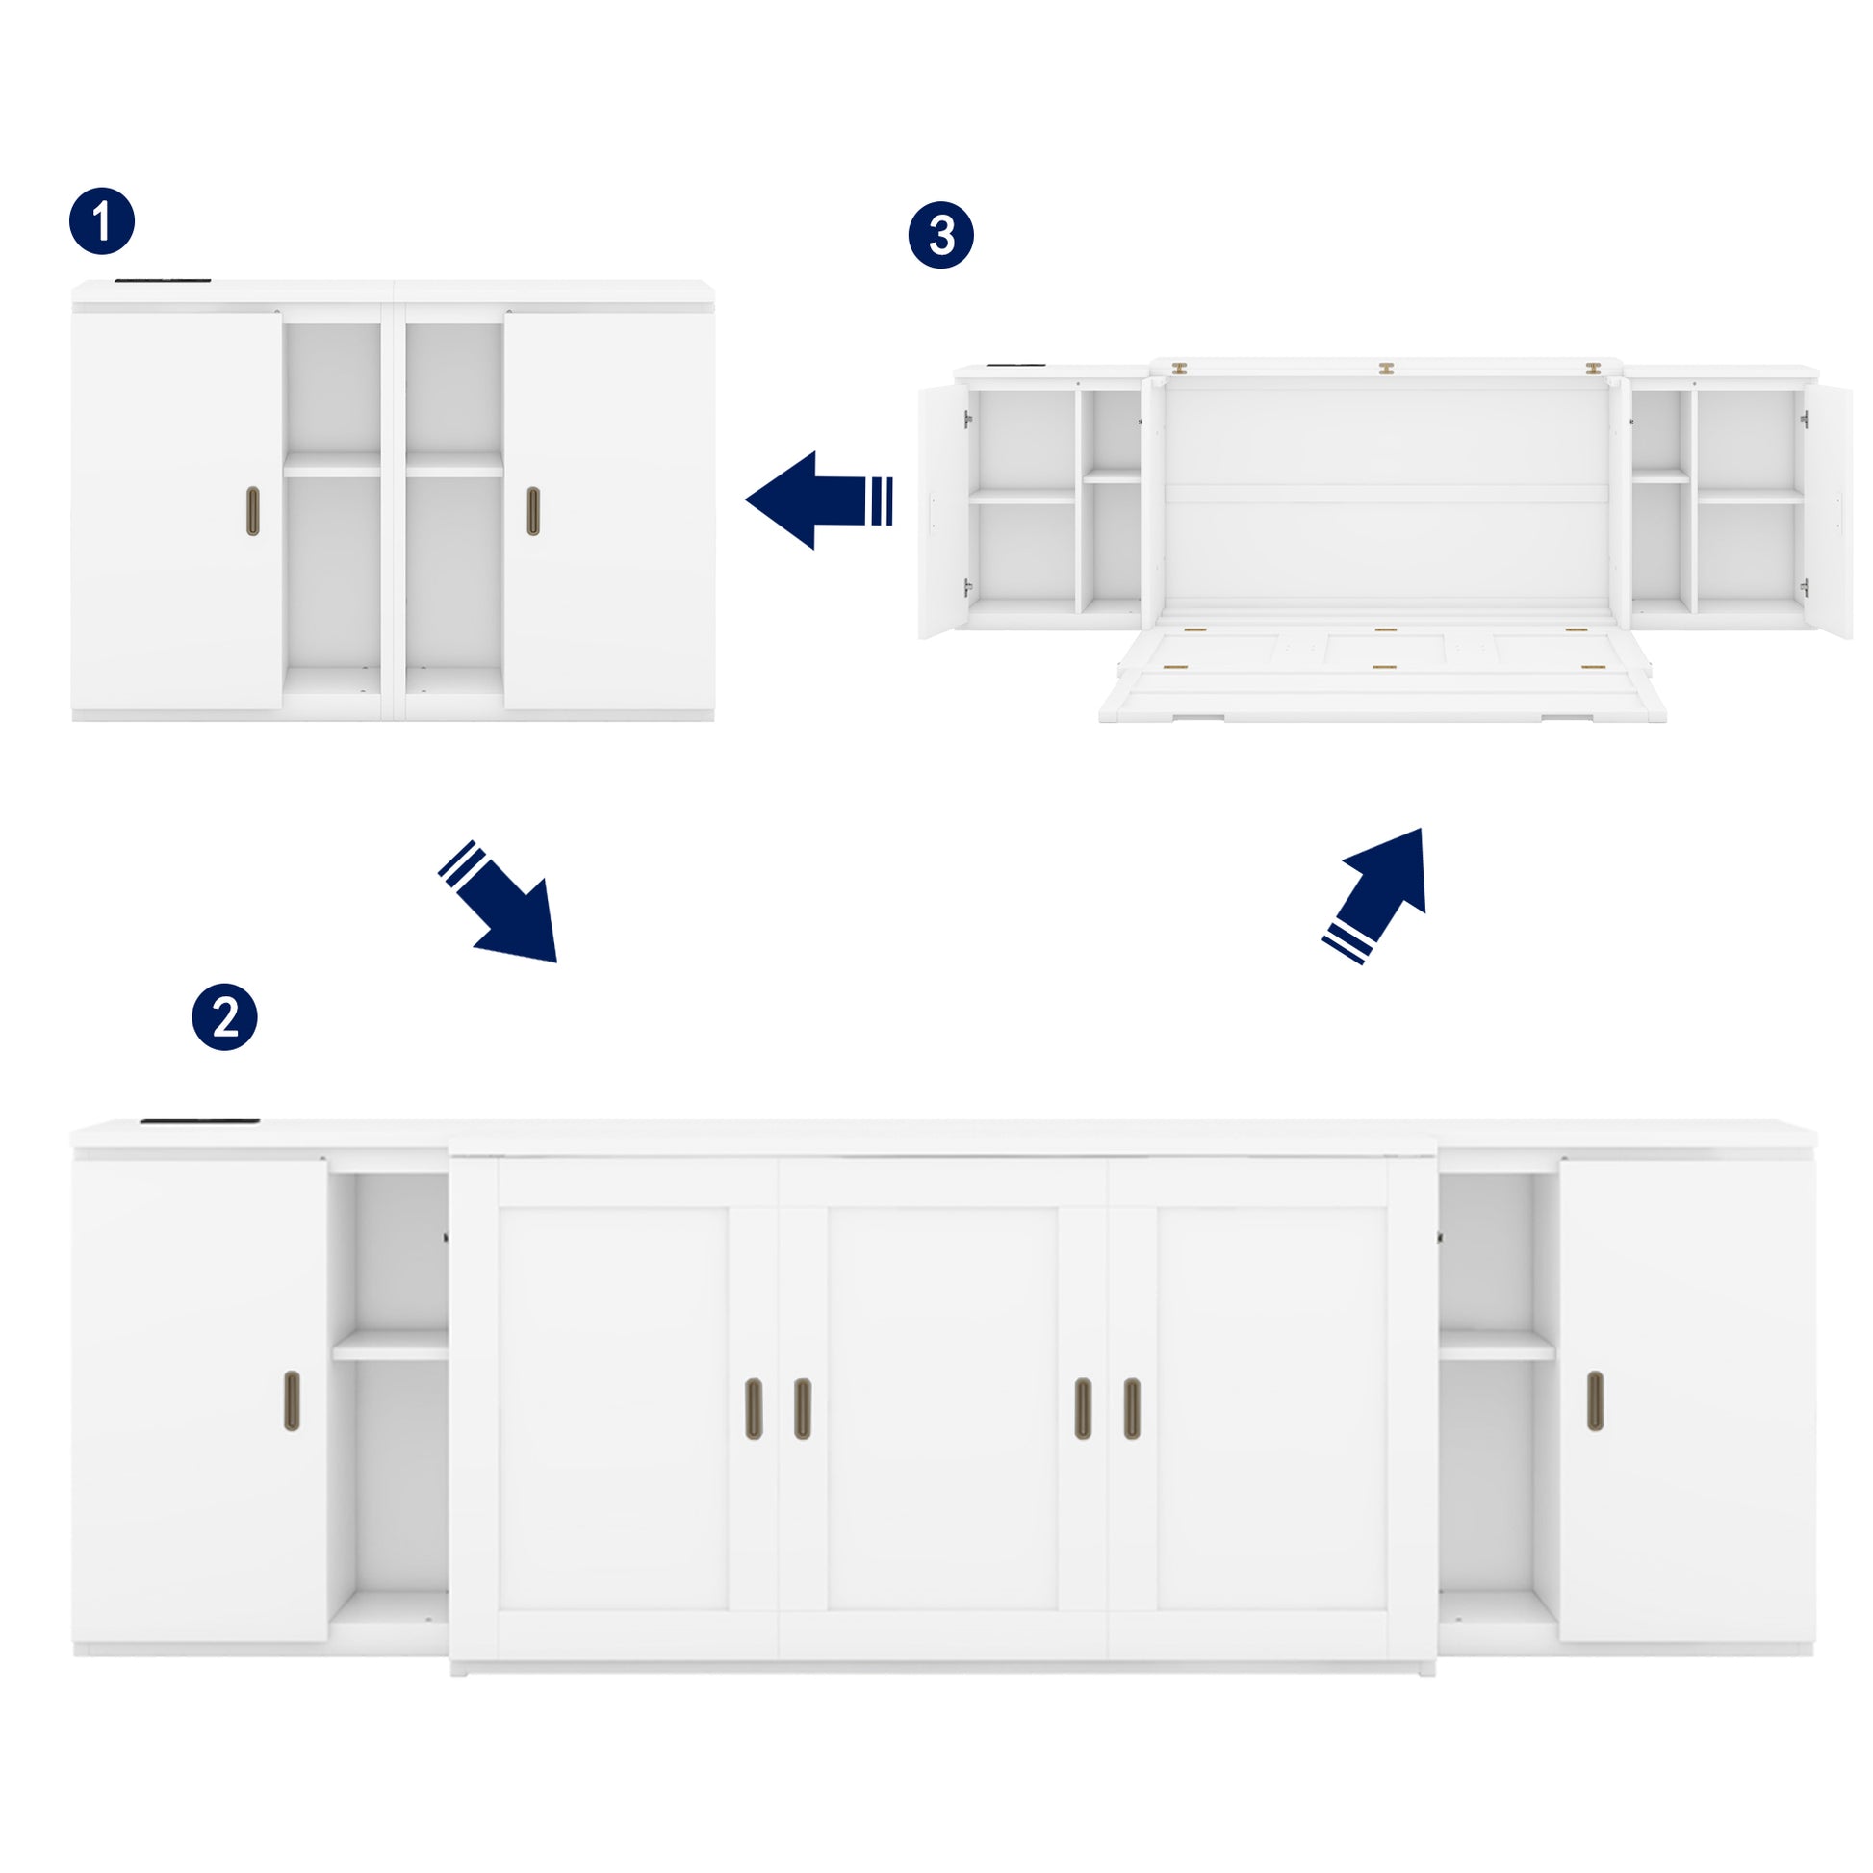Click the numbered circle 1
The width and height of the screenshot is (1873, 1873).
tap(102, 221)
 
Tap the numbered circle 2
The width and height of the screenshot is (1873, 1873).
tap(224, 1017)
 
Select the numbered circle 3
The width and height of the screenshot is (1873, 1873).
tap(940, 235)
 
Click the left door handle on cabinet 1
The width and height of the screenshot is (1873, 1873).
tap(253, 511)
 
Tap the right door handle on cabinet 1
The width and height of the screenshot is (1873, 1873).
tap(533, 511)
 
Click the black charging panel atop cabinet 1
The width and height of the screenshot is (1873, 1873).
tap(163, 282)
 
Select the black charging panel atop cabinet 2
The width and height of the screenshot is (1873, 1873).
tap(199, 1121)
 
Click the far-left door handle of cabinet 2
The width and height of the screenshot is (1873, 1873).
tap(292, 1400)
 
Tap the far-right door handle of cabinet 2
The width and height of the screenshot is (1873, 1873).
tap(1595, 1400)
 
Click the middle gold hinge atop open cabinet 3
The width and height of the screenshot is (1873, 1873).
tap(1386, 369)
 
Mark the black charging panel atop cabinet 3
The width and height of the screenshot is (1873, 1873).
tap(1015, 366)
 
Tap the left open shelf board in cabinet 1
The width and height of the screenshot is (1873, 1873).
tap(331, 464)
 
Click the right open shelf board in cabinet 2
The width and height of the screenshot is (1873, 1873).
tap(1497, 1345)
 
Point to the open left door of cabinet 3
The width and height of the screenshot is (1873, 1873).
tap(940, 511)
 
